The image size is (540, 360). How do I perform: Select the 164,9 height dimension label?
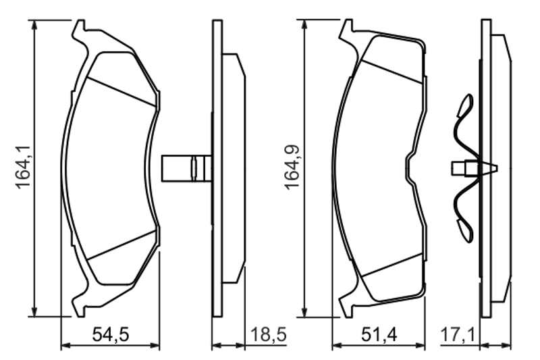pyautogui.click(x=292, y=168)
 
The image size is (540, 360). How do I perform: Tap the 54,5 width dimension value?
pyautogui.click(x=111, y=334)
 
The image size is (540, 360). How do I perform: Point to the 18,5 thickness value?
pyautogui.click(x=268, y=334)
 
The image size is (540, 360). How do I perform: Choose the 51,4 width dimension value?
pyautogui.click(x=379, y=334)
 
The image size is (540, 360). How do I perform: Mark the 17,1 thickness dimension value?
pyautogui.click(x=458, y=334)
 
